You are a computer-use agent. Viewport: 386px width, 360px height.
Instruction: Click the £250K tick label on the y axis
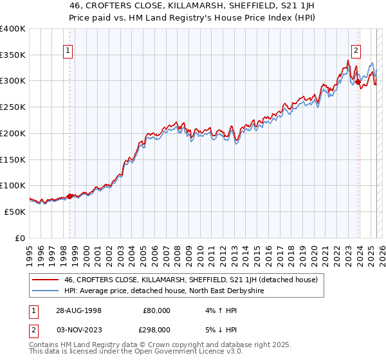tap(13, 107)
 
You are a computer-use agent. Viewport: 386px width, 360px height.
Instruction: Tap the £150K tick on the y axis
tap(13, 159)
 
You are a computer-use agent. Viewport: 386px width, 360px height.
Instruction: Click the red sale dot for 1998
tap(70, 196)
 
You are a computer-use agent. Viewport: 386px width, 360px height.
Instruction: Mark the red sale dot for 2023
tap(358, 82)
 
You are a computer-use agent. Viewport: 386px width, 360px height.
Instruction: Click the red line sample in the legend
tap(45, 280)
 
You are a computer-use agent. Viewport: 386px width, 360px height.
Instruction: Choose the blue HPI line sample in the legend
tap(45, 291)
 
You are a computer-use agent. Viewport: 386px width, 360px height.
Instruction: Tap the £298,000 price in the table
tap(157, 329)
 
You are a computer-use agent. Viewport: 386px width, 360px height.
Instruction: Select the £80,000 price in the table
tap(157, 310)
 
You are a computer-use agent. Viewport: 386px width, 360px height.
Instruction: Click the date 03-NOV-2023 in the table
tap(79, 329)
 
